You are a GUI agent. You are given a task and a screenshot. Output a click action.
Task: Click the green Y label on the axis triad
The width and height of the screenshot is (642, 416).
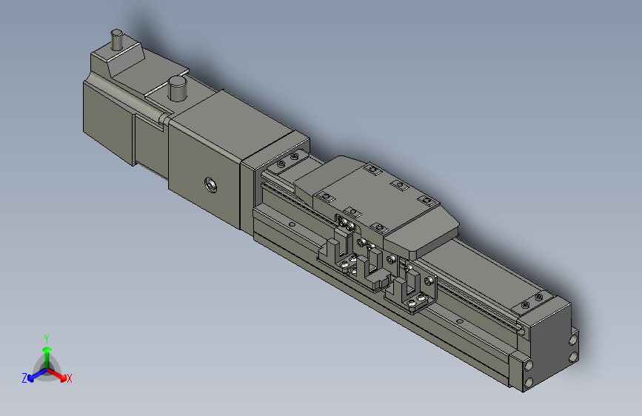47,337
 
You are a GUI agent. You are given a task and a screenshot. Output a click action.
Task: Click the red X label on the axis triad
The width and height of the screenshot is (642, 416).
70,379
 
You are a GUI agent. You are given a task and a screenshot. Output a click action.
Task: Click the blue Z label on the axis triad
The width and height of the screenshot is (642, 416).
24,378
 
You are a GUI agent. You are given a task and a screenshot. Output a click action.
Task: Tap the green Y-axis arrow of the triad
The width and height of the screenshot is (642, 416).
47,352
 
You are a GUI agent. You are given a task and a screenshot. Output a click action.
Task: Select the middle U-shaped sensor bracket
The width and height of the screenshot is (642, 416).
373,270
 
